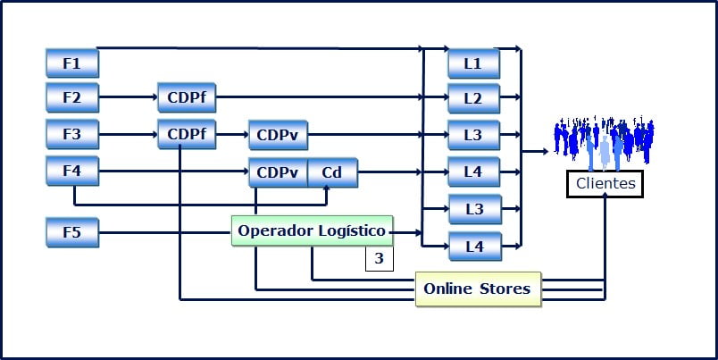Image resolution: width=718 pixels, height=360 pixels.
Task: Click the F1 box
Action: (x=71, y=63)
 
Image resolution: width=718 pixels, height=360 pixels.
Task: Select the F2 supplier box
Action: (x=71, y=96)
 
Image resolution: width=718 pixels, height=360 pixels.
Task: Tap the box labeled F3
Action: (x=71, y=134)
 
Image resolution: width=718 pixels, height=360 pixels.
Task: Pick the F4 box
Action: (x=71, y=171)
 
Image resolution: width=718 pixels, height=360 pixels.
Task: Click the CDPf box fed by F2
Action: (x=187, y=96)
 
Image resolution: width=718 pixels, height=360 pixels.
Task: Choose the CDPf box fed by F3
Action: (x=187, y=134)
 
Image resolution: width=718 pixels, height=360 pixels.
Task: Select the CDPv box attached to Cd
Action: (x=278, y=172)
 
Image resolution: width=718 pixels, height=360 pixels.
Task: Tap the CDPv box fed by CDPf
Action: (x=278, y=136)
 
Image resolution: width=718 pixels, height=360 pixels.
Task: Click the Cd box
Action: (x=332, y=172)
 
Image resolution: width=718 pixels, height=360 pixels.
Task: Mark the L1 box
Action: (x=473, y=63)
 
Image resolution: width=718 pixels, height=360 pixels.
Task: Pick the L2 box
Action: (x=473, y=97)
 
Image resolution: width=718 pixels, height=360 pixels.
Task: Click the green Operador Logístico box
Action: (x=312, y=231)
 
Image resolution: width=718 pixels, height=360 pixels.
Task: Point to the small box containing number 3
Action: (x=379, y=259)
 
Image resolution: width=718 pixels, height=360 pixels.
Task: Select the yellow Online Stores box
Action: (x=478, y=289)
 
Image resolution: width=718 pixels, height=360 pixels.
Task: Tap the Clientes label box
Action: (x=605, y=184)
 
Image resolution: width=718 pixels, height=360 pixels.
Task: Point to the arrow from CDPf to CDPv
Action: (x=232, y=135)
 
